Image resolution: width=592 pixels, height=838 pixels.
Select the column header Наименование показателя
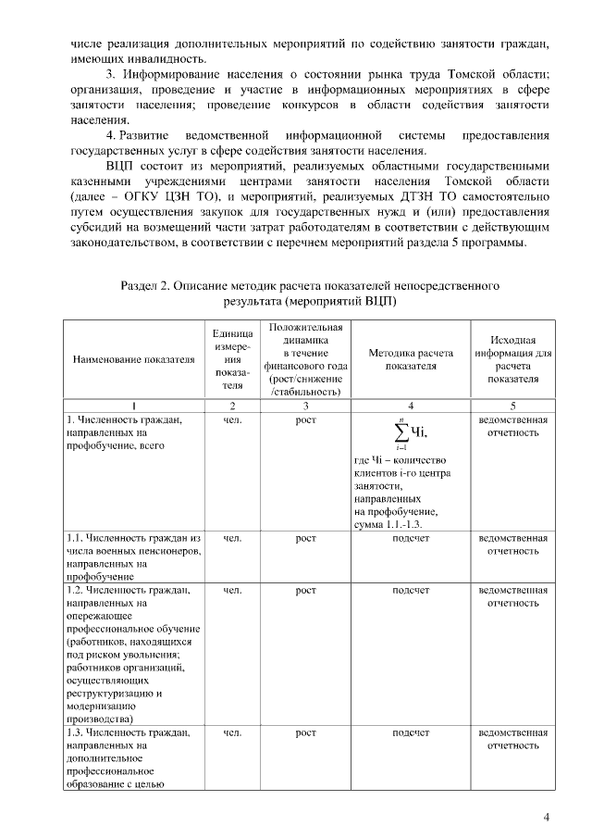133,357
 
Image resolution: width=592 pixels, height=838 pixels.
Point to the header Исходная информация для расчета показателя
512,358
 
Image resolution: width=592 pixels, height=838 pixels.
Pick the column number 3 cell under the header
305,405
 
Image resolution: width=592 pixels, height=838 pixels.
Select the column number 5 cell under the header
512,405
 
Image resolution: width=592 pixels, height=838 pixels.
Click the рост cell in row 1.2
305,589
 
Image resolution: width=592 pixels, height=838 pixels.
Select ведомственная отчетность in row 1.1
512,544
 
